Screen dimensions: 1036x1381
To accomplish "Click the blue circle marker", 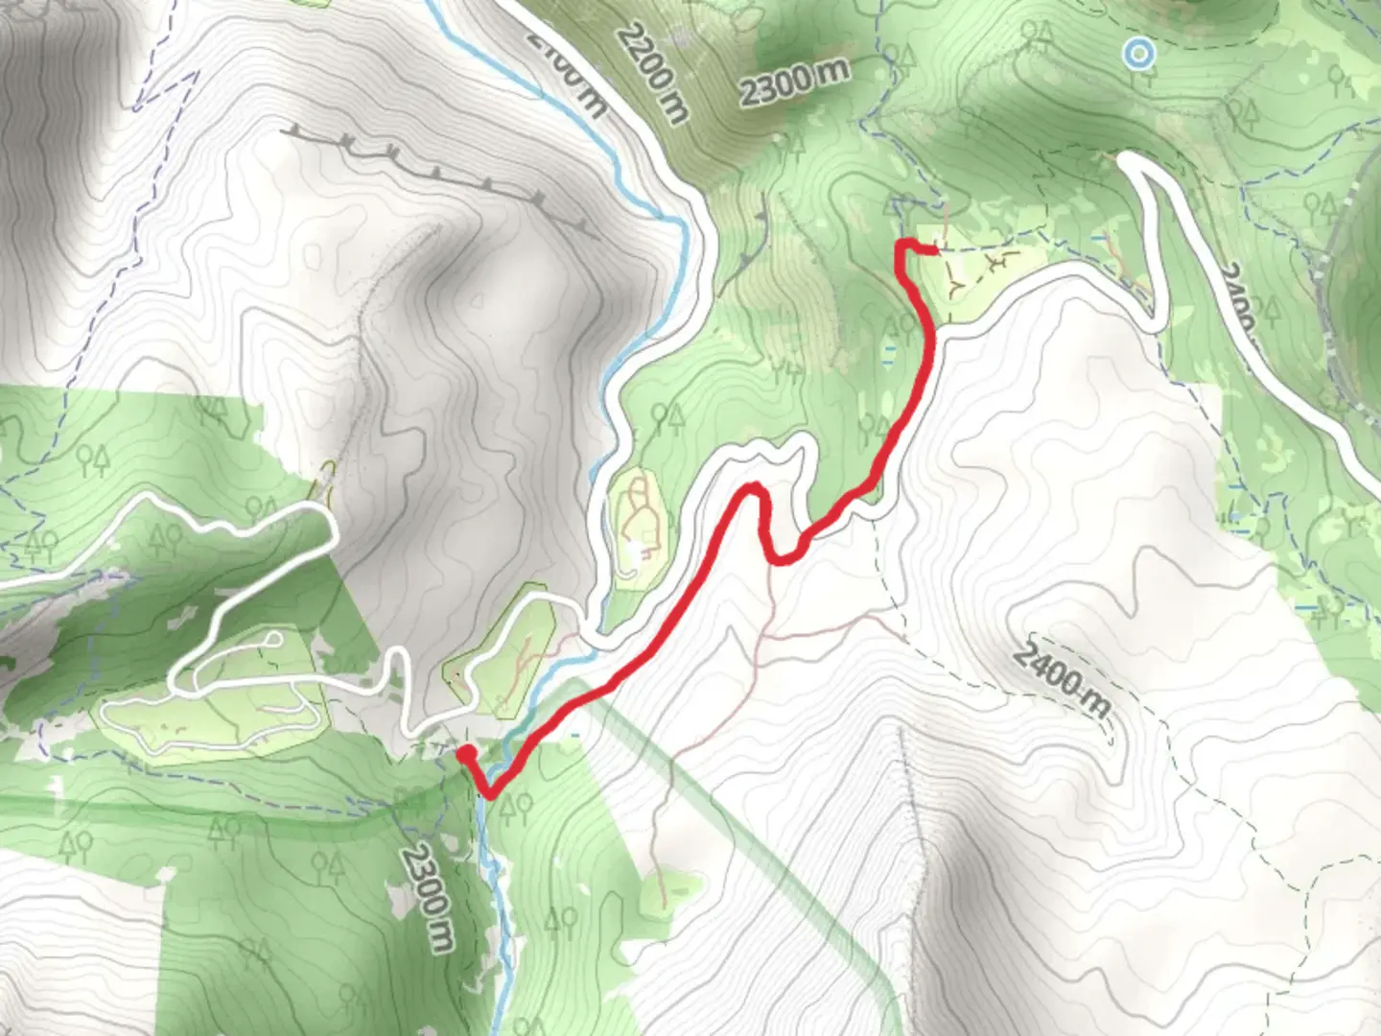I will coord(1138,54).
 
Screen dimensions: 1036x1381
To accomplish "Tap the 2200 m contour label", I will coord(653,74).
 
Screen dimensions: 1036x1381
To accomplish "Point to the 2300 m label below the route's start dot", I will coord(427,898).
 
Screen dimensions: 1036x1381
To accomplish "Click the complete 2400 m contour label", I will coord(1063,679).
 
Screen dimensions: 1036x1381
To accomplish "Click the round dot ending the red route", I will coord(465,755).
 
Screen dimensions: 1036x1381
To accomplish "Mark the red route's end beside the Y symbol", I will coord(931,250).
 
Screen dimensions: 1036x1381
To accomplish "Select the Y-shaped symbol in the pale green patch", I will coord(957,281).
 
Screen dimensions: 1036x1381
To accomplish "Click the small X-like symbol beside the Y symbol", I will coord(1000,261).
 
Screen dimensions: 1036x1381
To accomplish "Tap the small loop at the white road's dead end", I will coord(274,640).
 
